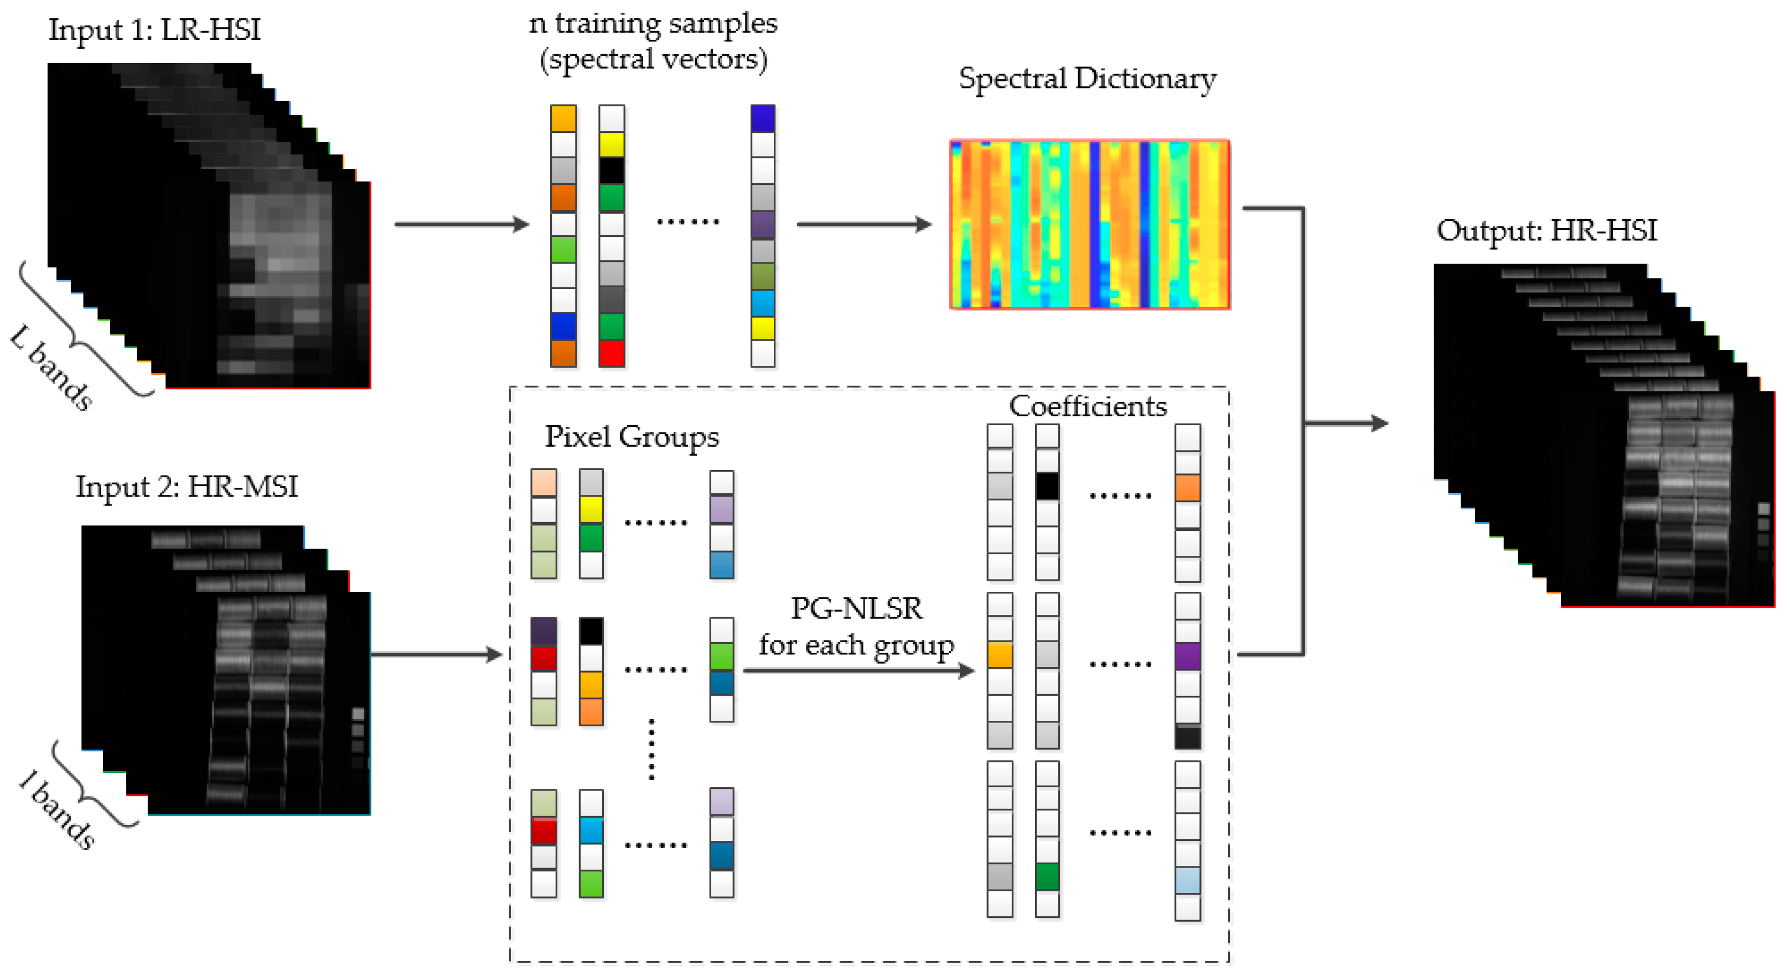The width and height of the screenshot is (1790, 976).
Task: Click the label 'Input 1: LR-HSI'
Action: click(154, 29)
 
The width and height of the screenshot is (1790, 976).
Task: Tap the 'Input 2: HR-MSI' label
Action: click(186, 486)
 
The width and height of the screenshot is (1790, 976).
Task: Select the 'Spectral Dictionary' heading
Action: click(1087, 79)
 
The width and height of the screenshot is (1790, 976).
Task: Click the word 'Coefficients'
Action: click(1088, 406)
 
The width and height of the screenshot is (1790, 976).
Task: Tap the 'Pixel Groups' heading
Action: click(631, 437)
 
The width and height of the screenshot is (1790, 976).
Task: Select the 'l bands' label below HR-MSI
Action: click(57, 810)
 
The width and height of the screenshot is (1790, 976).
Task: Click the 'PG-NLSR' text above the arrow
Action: click(856, 608)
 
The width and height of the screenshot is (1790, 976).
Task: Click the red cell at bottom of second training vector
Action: click(612, 353)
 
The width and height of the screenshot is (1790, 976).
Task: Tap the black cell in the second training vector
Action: click(612, 171)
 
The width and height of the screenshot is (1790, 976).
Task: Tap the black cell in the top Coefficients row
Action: click(1047, 486)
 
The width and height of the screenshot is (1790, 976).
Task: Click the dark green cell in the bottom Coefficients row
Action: click(1047, 876)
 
